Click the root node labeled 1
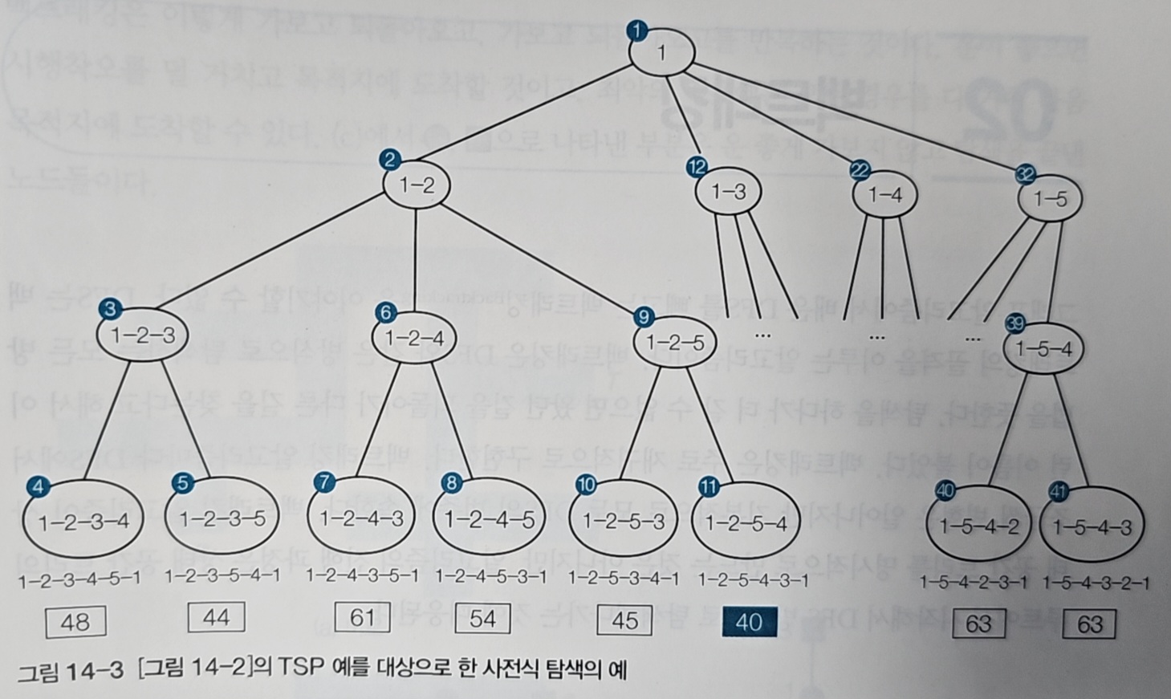pyautogui.click(x=661, y=53)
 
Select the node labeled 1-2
pyautogui.click(x=417, y=185)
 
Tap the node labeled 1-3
pyautogui.click(x=729, y=192)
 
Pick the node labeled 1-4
pyautogui.click(x=884, y=194)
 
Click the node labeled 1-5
pyautogui.click(x=1050, y=199)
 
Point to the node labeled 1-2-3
pyautogui.click(x=142, y=334)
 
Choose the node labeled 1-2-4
pyautogui.click(x=414, y=338)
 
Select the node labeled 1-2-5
pyautogui.click(x=675, y=343)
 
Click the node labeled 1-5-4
pyautogui.click(x=1043, y=349)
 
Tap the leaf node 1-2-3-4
pyautogui.click(x=83, y=522)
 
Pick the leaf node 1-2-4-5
pyautogui.click(x=490, y=520)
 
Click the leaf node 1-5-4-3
pyautogui.click(x=1092, y=527)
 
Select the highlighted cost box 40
pyautogui.click(x=749, y=622)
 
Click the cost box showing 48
pyautogui.click(x=75, y=622)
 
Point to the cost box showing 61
pyautogui.click(x=363, y=617)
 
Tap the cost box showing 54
pyautogui.click(x=483, y=618)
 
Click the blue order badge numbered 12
pyautogui.click(x=697, y=167)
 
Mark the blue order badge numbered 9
pyautogui.click(x=643, y=317)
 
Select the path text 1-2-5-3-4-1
pyautogui.click(x=623, y=578)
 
